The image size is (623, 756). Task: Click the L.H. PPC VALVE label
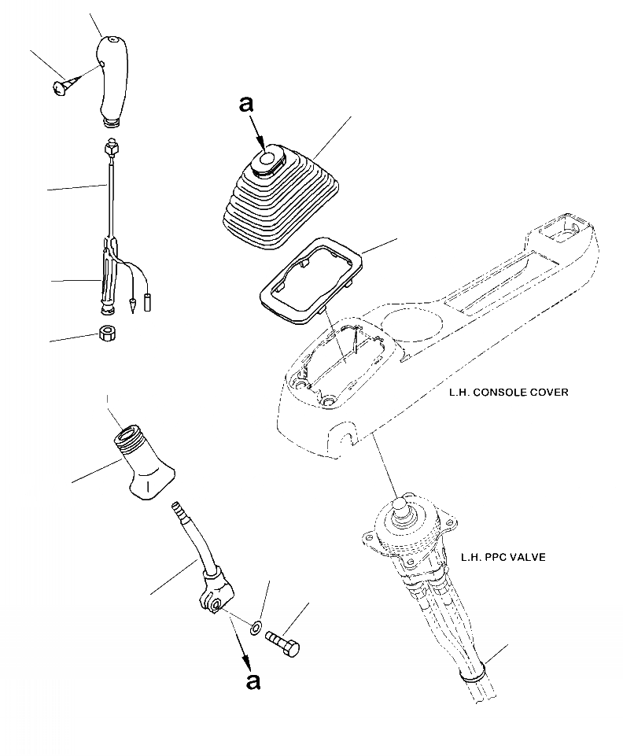(x=503, y=558)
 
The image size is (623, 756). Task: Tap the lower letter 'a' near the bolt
(x=253, y=680)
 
